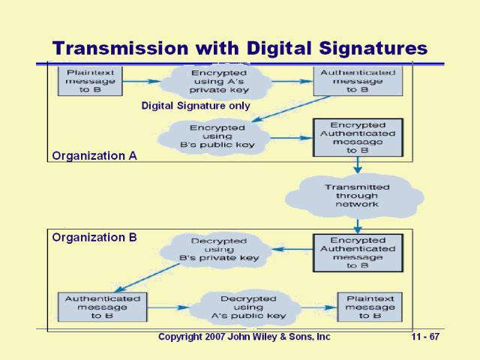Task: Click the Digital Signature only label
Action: (196, 106)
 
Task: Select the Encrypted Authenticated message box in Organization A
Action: (358, 137)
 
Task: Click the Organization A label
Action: (88, 156)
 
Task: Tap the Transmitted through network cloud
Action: (357, 195)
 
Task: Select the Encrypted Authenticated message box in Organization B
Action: (358, 252)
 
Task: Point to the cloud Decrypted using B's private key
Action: (218, 249)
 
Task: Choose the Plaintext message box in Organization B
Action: (370, 307)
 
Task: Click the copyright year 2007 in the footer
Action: (216, 337)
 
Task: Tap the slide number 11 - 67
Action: (425, 337)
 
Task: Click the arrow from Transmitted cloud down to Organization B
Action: (358, 223)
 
